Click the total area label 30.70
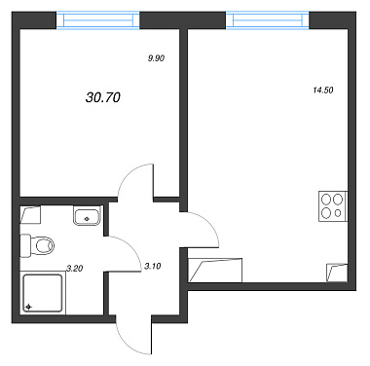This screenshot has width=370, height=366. [x=103, y=97]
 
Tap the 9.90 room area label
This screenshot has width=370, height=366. [x=157, y=58]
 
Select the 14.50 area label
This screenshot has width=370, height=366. [x=323, y=91]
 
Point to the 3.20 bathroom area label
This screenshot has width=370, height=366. [x=75, y=269]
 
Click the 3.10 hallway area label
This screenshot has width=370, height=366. [x=153, y=267]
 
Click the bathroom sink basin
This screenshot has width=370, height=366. [x=87, y=217]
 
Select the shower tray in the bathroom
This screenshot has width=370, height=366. [x=43, y=293]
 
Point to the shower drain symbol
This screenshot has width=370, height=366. [x=28, y=307]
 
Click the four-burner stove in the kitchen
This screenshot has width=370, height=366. [x=333, y=206]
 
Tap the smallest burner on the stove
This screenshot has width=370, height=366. [x=338, y=213]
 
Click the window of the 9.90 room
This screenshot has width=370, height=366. [x=98, y=20]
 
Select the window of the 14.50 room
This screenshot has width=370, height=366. [x=268, y=20]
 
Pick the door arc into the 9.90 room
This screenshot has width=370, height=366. [x=124, y=178]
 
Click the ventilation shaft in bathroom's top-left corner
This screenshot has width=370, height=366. [x=30, y=214]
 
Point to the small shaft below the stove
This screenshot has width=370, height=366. [x=337, y=273]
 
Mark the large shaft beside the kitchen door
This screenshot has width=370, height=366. [x=215, y=270]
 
